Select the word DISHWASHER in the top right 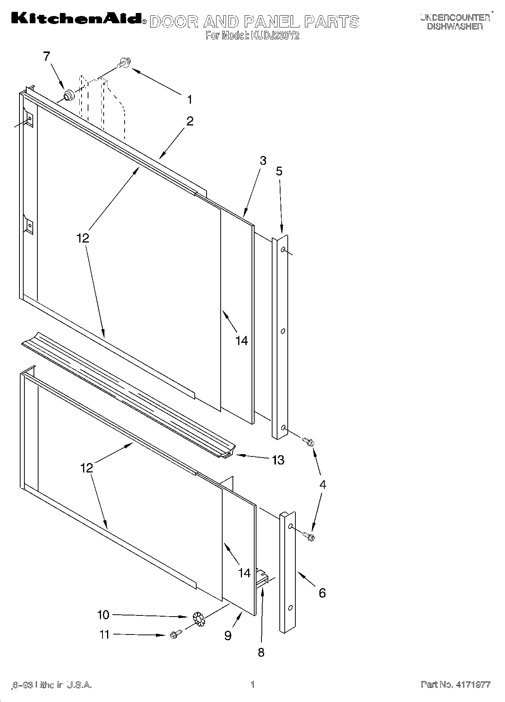click(x=455, y=26)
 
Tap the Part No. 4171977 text click(x=455, y=685)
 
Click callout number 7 click(x=46, y=56)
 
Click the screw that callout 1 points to click(x=123, y=63)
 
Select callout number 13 click(x=278, y=460)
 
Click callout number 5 click(x=279, y=171)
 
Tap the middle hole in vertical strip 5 click(x=282, y=331)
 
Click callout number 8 click(x=261, y=652)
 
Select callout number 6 click(x=322, y=593)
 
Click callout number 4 click(x=322, y=485)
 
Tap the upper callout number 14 click(x=241, y=341)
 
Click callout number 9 click(x=228, y=635)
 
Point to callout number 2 click(x=189, y=121)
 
